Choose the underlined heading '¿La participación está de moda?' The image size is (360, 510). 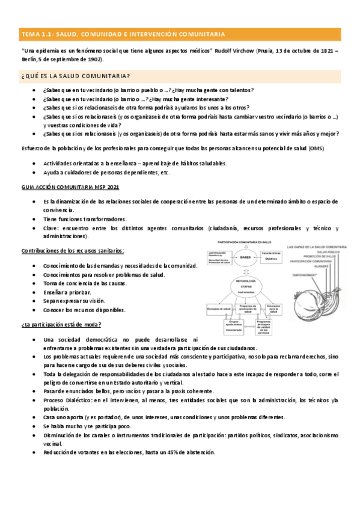59,325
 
